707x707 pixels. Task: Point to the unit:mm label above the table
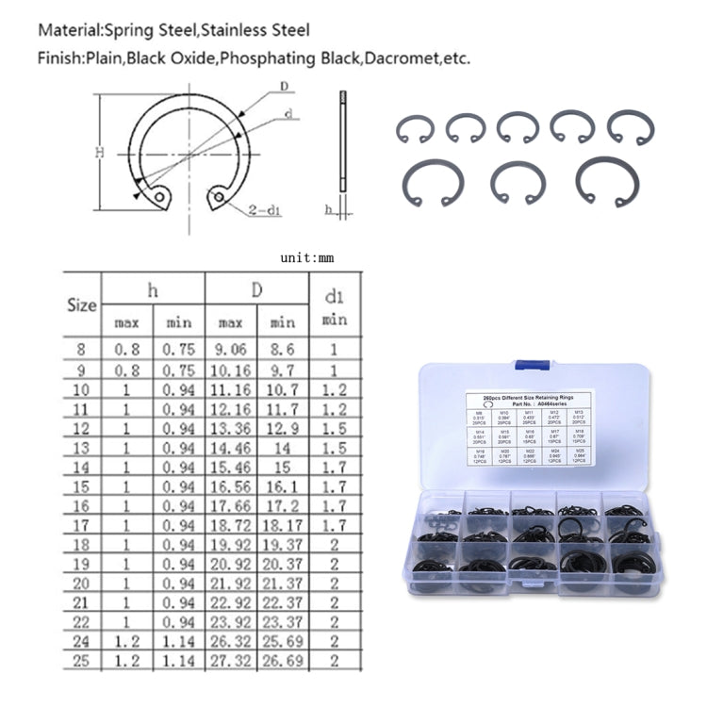coord(306,256)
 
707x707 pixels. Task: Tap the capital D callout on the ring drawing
coord(284,87)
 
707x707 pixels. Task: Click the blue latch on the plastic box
coord(532,370)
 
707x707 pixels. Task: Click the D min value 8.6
coord(283,349)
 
